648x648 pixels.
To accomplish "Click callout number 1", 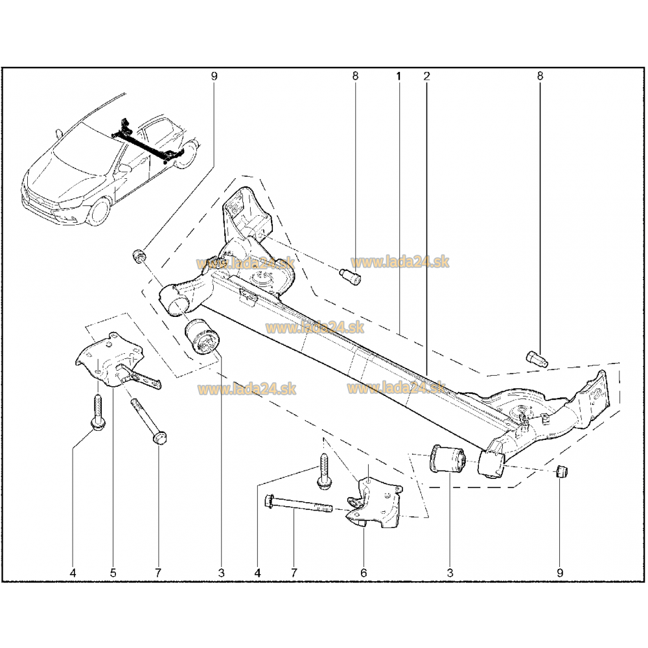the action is [399, 76].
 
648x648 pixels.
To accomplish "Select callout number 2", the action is [426, 76].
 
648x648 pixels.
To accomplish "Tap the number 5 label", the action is [113, 573].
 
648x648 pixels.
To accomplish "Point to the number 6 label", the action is [364, 573].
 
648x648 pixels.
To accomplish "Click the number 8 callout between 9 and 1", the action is [355, 76].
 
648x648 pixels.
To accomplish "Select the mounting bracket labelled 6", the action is [374, 503].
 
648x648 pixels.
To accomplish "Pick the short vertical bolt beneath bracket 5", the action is [98, 413].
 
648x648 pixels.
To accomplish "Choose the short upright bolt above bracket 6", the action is [323, 472].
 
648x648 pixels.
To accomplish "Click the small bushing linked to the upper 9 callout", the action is [139, 256].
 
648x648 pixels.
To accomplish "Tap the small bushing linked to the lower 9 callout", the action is [562, 471].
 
